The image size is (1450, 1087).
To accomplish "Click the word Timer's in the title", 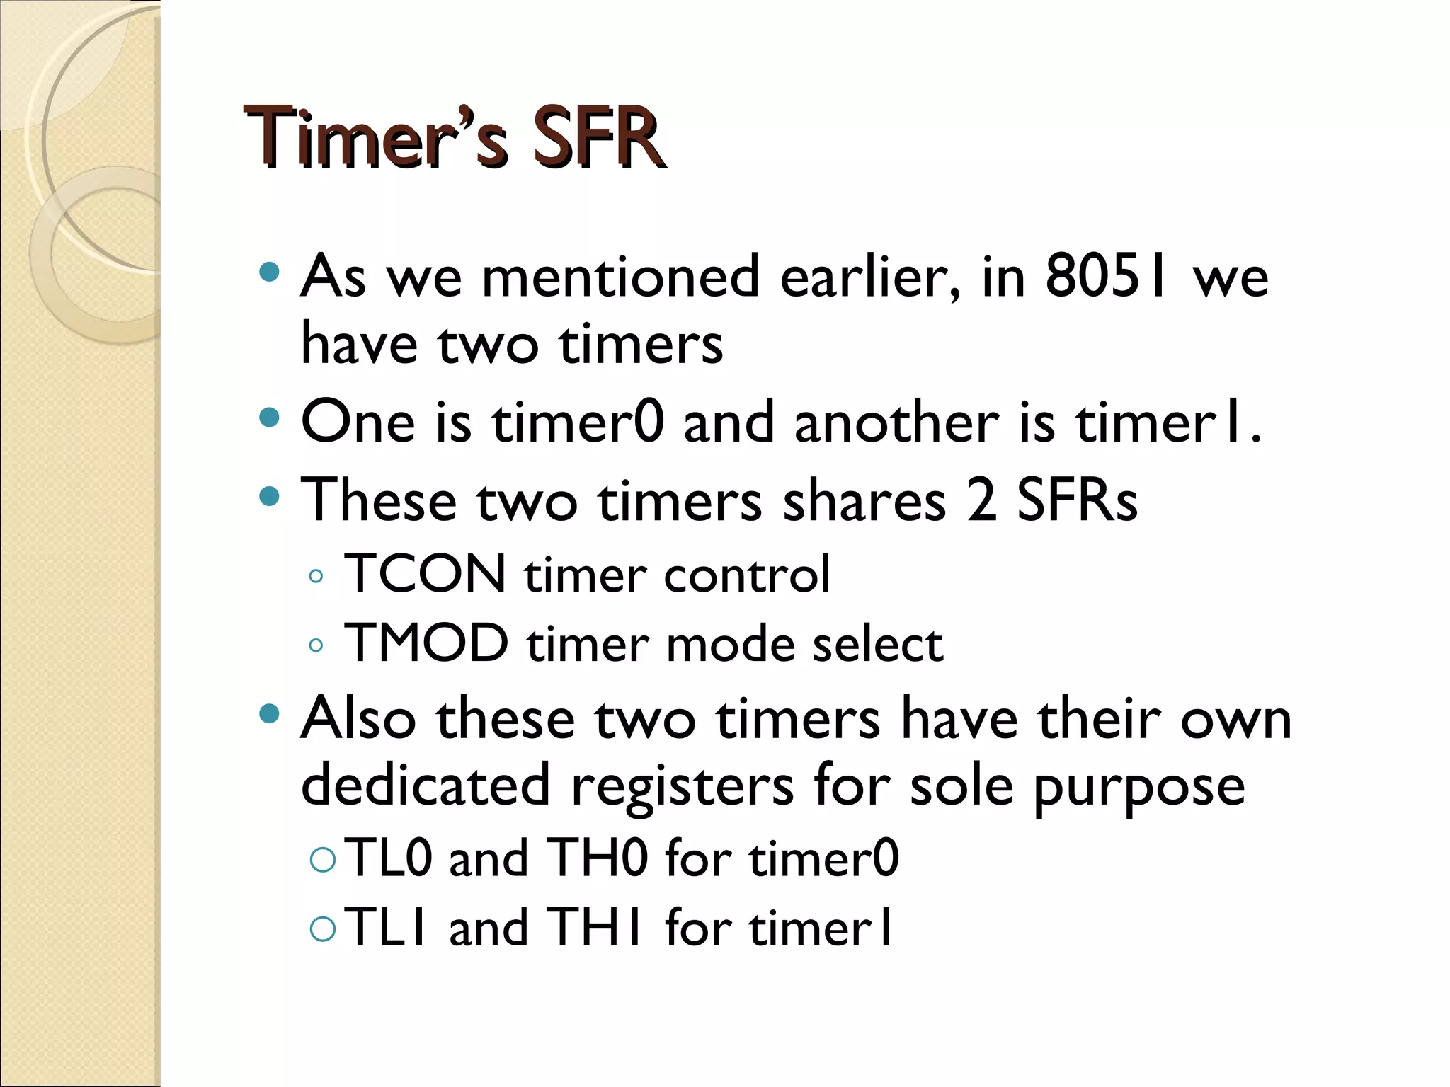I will (x=376, y=138).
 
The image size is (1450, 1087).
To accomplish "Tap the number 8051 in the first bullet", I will (x=1105, y=277).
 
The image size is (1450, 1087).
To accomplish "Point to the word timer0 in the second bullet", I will (x=578, y=422).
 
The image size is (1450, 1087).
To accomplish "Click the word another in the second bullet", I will (x=896, y=422).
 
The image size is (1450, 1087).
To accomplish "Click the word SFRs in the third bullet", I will (x=1077, y=500).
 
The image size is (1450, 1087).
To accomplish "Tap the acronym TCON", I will (x=425, y=574).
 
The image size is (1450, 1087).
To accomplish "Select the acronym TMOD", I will (x=426, y=643).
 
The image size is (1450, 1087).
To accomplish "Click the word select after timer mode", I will (x=878, y=645).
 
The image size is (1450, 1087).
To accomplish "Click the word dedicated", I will (x=426, y=785).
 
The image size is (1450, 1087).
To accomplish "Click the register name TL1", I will (x=387, y=927).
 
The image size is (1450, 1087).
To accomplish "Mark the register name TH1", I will (x=595, y=927).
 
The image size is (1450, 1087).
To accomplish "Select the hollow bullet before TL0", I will (x=323, y=859).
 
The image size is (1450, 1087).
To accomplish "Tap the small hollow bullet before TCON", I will (x=316, y=576).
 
